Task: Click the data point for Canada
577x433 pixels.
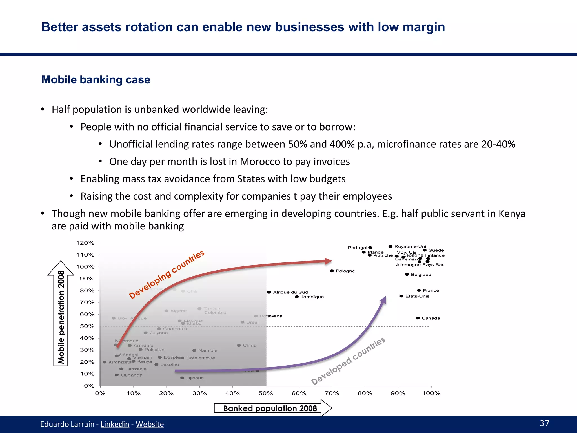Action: pos(418,318)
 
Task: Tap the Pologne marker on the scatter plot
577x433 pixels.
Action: pos(332,271)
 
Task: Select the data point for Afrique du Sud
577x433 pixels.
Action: pos(269,292)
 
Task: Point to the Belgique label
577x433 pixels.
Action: pos(421,275)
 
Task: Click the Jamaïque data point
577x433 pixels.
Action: pos(297,297)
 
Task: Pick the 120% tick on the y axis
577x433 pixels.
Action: pos(85,243)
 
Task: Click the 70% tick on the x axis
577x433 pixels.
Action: pos(332,393)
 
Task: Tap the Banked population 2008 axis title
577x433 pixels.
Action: pos(270,408)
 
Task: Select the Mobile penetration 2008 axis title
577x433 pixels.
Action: pos(61,317)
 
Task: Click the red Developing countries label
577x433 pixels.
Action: pos(167,275)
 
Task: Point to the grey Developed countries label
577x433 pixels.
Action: pos(348,361)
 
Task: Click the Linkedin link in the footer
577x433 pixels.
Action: pos(115,424)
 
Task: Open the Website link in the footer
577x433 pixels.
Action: pos(150,424)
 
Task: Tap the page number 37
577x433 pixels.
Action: pos(544,423)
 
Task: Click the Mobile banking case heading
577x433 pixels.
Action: pos(96,80)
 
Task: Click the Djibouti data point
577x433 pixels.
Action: pos(182,378)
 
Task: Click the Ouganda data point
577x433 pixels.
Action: pos(117,375)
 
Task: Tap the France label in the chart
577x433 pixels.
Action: pos(431,290)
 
